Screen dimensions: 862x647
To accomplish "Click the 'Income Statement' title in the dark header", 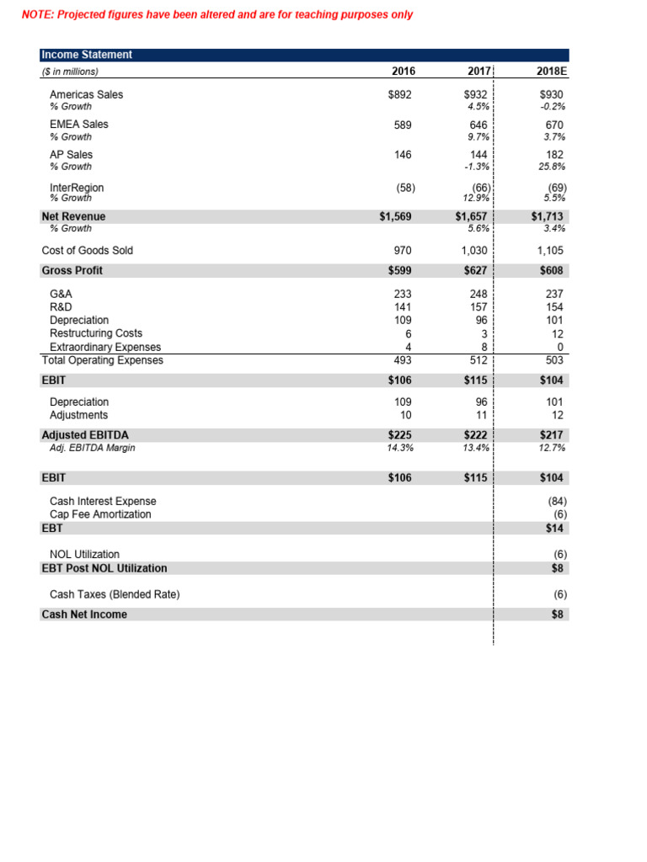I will tap(87, 55).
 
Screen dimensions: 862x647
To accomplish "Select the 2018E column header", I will tap(552, 72).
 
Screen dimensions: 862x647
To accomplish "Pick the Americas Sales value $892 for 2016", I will tap(398, 95).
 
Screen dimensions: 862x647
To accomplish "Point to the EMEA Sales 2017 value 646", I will tap(479, 125).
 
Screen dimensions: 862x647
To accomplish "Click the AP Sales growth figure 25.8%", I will tap(552, 167).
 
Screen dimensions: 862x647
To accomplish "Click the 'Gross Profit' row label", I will tap(72, 270).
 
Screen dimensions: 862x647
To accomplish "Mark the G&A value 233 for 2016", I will tap(402, 294).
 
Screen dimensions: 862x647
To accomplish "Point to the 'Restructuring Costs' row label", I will tap(96, 333).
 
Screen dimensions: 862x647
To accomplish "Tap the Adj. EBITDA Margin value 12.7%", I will tap(552, 448).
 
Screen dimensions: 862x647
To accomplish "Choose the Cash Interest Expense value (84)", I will tap(553, 501).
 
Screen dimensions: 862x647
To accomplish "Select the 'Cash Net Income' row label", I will tap(84, 615).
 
